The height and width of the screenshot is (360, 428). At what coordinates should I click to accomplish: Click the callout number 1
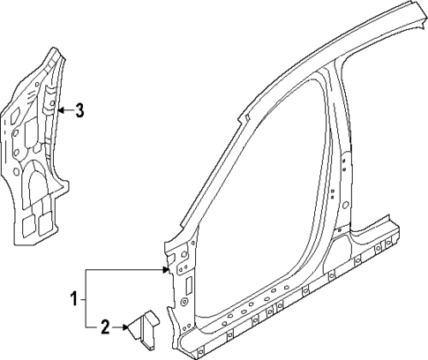pos(76,299)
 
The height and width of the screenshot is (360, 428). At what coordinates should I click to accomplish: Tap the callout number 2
pos(105,328)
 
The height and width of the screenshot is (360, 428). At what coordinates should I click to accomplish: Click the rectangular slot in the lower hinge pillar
pos(188,284)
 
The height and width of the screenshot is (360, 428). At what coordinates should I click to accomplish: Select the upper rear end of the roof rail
pos(415,11)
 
